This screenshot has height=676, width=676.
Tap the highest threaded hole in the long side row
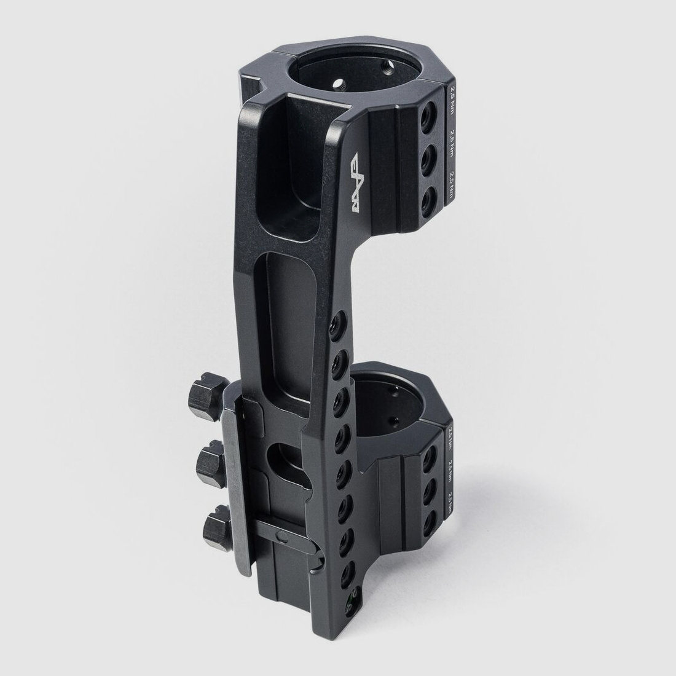(x=336, y=322)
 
